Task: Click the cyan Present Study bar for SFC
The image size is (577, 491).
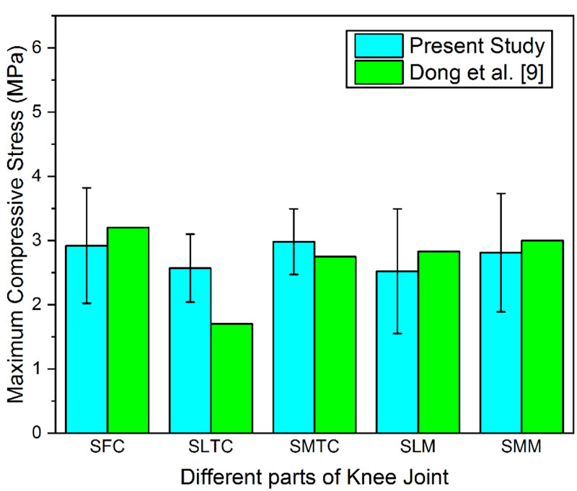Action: pyautogui.click(x=87, y=339)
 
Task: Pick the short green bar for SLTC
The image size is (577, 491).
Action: pyautogui.click(x=232, y=379)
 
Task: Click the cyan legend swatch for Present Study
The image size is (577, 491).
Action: pyautogui.click(x=379, y=45)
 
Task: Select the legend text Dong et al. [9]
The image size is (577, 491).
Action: pyautogui.click(x=477, y=72)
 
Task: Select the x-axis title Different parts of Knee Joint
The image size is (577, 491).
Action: pyautogui.click(x=314, y=476)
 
